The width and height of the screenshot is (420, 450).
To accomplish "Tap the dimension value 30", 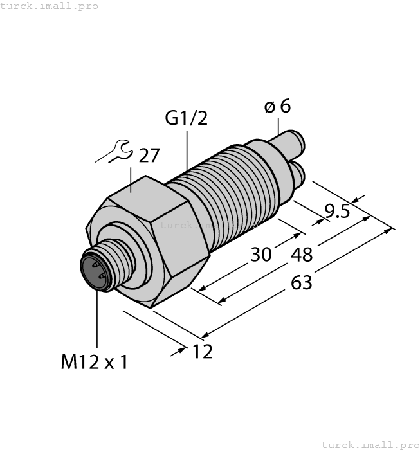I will coord(260,255).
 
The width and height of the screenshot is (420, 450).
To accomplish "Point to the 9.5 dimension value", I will coord(336,211).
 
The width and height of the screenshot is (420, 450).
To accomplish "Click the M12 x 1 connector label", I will coord(95,363).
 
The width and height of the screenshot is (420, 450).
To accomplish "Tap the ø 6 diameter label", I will coord(277,106).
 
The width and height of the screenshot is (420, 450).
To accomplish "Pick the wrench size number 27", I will coord(149,156).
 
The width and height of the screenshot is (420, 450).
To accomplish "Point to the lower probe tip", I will coord(300,172).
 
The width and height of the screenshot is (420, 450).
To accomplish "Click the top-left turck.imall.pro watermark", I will coord(50,6).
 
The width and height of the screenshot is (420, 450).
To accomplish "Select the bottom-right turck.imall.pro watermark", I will coord(369,444).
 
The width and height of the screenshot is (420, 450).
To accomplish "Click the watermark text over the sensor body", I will coord(207,225).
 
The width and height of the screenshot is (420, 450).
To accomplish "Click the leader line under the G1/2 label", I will coord(187,151).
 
